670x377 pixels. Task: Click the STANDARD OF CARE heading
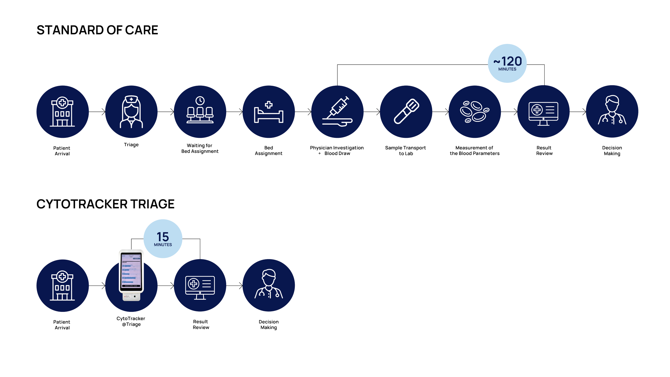click(x=97, y=30)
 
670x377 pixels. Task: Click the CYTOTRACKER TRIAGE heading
click(x=105, y=204)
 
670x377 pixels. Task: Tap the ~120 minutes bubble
click(x=507, y=63)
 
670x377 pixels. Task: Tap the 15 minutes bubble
click(x=163, y=239)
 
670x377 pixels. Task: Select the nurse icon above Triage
click(x=131, y=112)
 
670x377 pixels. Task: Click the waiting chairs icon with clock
click(x=200, y=112)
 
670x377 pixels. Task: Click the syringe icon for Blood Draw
click(x=337, y=112)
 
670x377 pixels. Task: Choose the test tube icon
click(x=406, y=112)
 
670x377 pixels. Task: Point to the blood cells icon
click(x=475, y=112)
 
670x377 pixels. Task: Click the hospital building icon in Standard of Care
click(x=62, y=112)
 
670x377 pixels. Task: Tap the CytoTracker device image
click(x=131, y=275)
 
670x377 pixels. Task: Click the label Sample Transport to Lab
click(x=405, y=151)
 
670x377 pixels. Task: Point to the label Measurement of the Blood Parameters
click(x=475, y=151)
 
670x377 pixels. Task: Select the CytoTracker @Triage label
click(x=131, y=321)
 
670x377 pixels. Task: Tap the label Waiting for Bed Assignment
click(x=200, y=149)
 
